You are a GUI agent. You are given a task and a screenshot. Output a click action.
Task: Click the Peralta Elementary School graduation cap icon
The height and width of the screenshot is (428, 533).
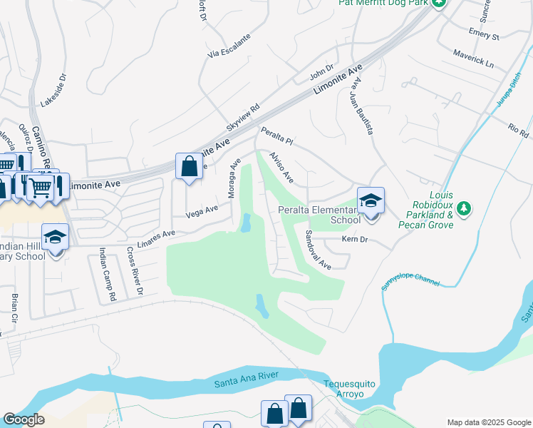pos(371,200)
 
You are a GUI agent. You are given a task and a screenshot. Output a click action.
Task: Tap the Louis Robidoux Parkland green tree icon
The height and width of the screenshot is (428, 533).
pos(465,208)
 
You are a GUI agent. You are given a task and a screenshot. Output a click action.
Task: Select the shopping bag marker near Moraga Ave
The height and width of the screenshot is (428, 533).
pos(188,168)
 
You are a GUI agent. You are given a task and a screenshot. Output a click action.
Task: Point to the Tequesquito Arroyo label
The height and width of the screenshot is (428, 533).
pos(349,389)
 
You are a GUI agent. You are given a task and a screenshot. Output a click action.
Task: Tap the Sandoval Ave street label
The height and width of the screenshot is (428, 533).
pos(319,250)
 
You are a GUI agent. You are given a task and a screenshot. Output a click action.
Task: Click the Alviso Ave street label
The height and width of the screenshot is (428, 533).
pos(281,166)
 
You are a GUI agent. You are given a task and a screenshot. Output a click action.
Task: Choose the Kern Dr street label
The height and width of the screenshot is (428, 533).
pos(353,240)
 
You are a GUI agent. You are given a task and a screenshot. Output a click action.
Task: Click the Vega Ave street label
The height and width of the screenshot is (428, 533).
pos(202,211)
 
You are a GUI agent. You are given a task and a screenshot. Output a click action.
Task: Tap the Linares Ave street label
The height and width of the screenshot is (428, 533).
pos(157,235)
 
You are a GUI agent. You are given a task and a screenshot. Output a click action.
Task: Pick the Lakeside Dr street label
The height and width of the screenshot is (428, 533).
pos(53,90)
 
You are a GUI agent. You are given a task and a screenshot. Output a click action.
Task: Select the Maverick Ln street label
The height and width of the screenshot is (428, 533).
pos(473,58)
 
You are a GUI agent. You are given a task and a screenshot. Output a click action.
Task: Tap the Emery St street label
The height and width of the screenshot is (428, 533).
pos(485,35)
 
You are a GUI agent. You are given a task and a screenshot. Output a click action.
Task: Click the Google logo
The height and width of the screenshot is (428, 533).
pos(24,420)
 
